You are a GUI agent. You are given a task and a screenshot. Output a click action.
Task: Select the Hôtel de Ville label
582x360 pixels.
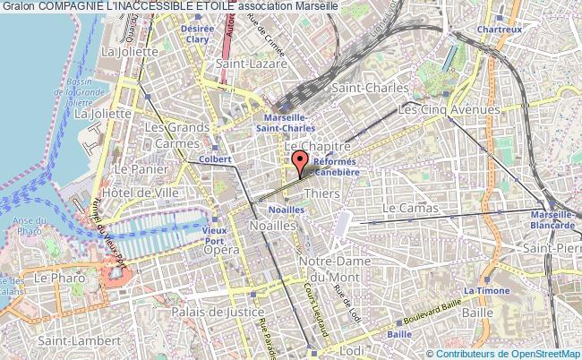click(x=141, y=192)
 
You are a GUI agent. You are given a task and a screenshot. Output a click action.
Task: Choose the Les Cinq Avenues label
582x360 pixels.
click(x=449, y=109)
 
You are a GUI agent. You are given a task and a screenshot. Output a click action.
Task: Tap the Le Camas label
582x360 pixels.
click(x=410, y=208)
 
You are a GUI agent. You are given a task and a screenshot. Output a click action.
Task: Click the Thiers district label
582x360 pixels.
click(x=321, y=193)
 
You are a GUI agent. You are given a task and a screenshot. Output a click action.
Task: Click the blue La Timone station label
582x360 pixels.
click(x=484, y=291)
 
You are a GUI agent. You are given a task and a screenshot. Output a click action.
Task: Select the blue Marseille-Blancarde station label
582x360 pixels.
click(x=552, y=219)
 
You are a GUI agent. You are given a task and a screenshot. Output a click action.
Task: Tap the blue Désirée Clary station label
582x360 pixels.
click(x=197, y=33)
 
